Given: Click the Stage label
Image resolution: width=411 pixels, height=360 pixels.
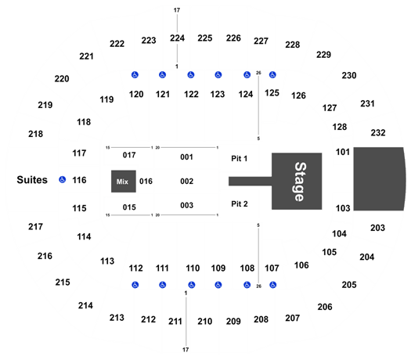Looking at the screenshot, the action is point(300,182).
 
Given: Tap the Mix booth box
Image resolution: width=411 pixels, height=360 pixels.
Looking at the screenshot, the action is point(124,182).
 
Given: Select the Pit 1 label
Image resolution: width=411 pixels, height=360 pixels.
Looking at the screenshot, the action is point(239,159).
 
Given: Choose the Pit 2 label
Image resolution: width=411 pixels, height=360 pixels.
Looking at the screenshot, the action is point(240,203).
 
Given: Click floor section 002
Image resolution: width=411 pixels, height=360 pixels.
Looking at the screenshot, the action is point(186,181).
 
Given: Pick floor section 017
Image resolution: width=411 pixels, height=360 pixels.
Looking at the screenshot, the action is point(129,155).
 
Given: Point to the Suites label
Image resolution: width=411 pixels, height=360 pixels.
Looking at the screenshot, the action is point(32,180).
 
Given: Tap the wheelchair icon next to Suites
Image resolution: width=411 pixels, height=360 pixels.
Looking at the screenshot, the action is point(62,179).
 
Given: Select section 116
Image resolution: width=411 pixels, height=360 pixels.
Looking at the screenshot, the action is point(79,180).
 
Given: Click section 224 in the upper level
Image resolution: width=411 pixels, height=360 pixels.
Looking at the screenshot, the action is point(177,38).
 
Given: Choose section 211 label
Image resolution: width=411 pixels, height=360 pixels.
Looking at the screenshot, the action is point(175,321).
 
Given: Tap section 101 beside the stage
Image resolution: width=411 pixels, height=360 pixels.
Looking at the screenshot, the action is point(343,152).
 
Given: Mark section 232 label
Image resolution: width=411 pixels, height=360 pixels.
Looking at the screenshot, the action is point(378,132).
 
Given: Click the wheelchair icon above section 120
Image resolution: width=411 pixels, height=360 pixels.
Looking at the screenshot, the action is point(135,75).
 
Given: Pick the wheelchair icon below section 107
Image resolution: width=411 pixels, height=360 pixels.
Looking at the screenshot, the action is point(273,285).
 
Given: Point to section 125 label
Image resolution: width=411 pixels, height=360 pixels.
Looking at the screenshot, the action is point(272,93).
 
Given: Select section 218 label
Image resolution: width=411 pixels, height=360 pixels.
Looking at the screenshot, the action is point(36,134).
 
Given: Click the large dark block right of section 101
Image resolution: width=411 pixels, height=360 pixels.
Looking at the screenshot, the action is point(380,179).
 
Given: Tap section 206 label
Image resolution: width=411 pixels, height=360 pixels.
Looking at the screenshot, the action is point(325,307).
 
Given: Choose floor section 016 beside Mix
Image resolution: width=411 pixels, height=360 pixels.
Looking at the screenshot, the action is point(146,181).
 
